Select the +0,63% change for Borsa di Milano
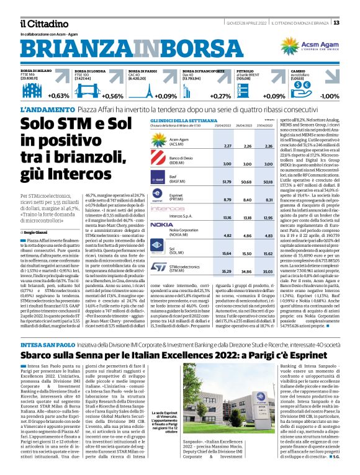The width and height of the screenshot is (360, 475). pos(58,96)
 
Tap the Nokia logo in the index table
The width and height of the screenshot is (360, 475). pos(162,224)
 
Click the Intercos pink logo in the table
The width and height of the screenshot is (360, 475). pos(163,209)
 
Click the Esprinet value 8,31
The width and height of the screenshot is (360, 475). pos(269,200)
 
